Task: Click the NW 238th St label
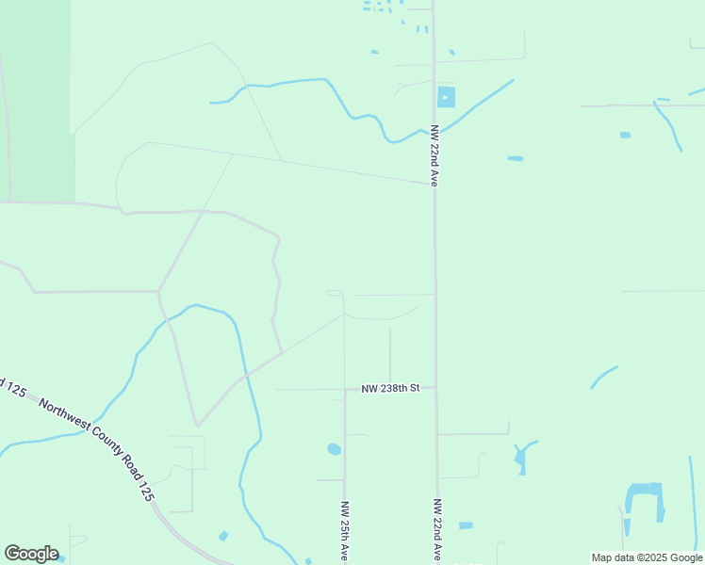coord(397,388)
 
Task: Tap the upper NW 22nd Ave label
coord(434,155)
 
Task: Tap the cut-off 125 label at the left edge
coord(11,387)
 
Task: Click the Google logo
coord(31,554)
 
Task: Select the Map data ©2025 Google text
coord(647,557)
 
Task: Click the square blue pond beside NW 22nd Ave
coord(446,96)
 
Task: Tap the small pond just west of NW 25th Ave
coord(334,449)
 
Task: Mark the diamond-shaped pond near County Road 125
coord(223,536)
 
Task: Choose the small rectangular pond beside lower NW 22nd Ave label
coord(466,525)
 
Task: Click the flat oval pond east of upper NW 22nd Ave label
coord(516,158)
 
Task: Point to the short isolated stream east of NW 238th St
coord(603,376)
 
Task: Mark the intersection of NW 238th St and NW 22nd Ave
coord(435,388)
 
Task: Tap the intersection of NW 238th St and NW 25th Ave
coord(345,389)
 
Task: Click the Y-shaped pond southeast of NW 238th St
coord(521,458)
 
